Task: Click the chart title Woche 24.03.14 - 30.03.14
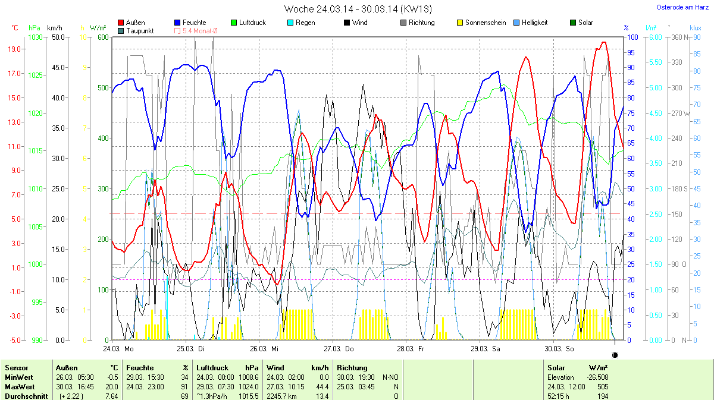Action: pyautogui.click(x=358, y=9)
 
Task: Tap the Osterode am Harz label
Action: pyautogui.click(x=681, y=7)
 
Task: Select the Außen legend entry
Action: pyautogui.click(x=135, y=23)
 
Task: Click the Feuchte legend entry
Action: pyautogui.click(x=193, y=23)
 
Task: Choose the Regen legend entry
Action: pyautogui.click(x=305, y=23)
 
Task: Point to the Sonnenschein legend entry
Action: pyautogui.click(x=484, y=23)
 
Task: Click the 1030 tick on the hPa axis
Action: pyautogui.click(x=36, y=37)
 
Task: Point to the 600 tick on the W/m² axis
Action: pyautogui.click(x=103, y=37)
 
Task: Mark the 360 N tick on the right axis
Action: pyautogui.click(x=679, y=37)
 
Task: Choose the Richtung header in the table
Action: pyautogui.click(x=352, y=368)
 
